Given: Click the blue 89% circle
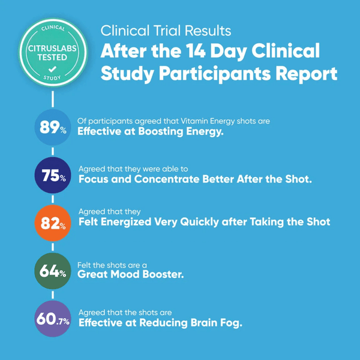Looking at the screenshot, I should pyautogui.click(x=53, y=127).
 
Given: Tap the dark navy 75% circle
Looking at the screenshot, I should pyautogui.click(x=53, y=175).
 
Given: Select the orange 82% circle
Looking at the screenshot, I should pyautogui.click(x=53, y=223).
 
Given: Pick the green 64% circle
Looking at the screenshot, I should pyautogui.click(x=53, y=271).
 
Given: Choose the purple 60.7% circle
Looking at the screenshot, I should pyautogui.click(x=53, y=319).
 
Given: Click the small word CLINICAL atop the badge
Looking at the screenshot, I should pyautogui.click(x=52, y=28).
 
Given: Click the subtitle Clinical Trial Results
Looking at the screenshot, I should pyautogui.click(x=166, y=30).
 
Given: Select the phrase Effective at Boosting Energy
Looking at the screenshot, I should pyautogui.click(x=151, y=132).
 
